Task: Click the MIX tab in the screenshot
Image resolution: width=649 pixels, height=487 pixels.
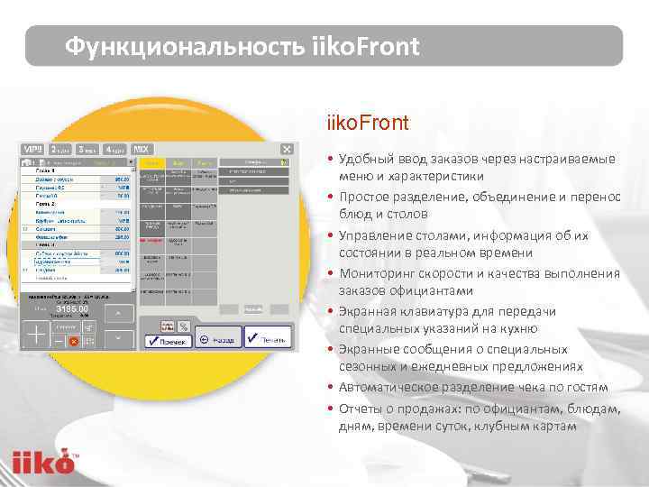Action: pos(142,149)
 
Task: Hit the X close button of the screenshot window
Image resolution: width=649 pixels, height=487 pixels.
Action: pos(287,149)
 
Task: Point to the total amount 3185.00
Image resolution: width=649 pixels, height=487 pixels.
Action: pos(72,309)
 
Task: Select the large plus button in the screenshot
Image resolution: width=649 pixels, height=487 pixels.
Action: pos(37,335)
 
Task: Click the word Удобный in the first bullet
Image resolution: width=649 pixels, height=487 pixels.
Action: pos(364,159)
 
